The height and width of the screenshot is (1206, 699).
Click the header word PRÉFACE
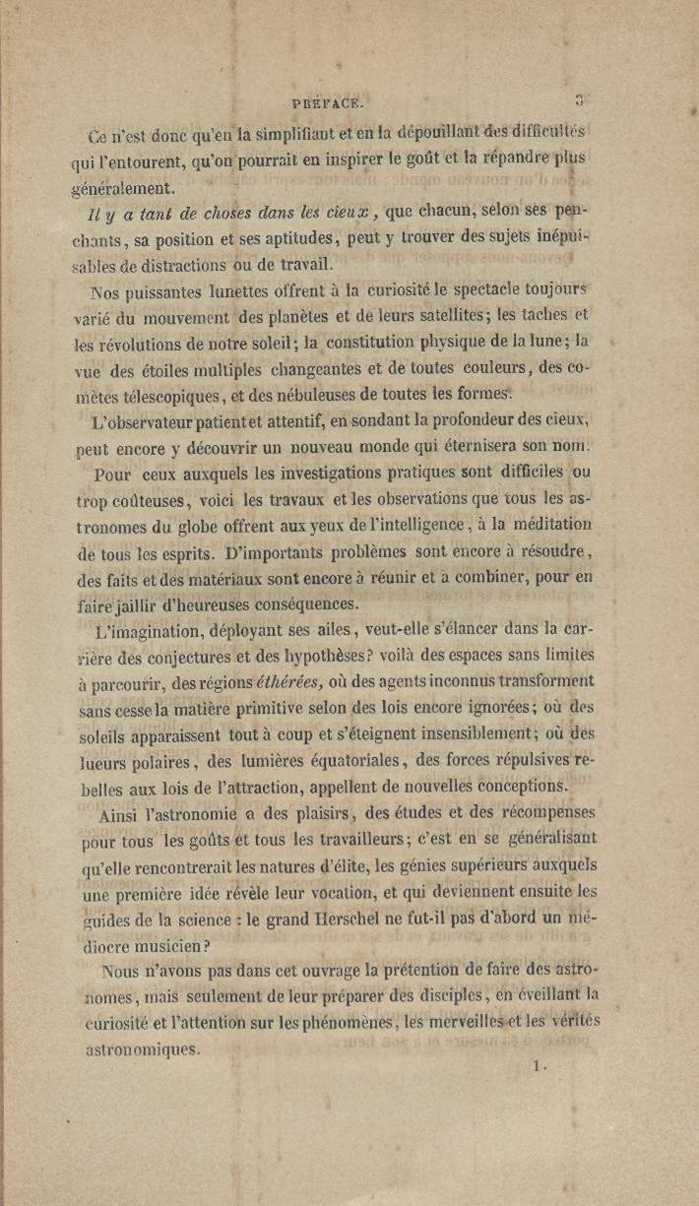[328, 100]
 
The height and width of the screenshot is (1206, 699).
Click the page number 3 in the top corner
[580, 98]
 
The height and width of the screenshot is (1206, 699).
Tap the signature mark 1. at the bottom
[538, 1065]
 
